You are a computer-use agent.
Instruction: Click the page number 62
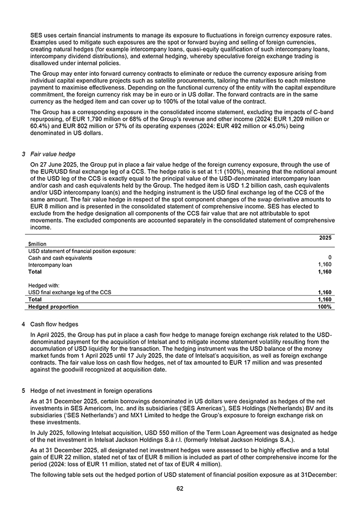point(180,488)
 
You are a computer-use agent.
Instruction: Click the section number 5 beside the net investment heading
point(23,391)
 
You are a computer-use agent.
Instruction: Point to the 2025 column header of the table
point(326,238)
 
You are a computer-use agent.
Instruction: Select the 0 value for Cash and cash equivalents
point(329,258)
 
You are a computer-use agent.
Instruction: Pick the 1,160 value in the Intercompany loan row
point(324,265)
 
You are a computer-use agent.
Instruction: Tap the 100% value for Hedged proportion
point(324,306)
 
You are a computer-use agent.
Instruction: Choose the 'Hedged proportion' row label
point(53,306)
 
